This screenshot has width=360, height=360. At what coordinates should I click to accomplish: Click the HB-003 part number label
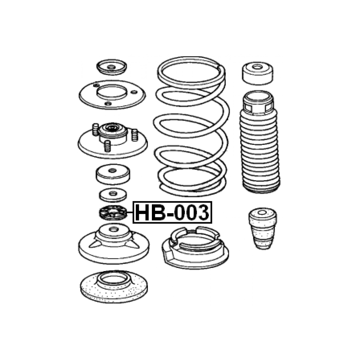click(172, 212)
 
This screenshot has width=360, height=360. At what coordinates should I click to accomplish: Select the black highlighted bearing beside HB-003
click(113, 212)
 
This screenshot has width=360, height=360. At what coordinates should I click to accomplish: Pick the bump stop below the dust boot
click(263, 229)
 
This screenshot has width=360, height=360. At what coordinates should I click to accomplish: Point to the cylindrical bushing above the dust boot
click(258, 73)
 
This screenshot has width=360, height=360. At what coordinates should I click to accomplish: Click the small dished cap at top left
click(112, 67)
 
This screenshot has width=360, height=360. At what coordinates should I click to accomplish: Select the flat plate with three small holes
click(112, 94)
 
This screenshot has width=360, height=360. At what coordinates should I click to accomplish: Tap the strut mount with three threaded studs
click(113, 140)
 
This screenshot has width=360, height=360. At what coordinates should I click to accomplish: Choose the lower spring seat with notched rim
click(195, 247)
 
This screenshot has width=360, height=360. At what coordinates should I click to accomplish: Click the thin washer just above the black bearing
click(113, 195)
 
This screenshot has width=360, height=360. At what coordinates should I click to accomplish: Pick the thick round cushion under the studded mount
click(113, 174)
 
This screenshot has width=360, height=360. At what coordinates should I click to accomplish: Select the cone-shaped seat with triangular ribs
click(114, 244)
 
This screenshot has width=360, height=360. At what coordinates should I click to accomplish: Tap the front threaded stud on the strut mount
click(107, 146)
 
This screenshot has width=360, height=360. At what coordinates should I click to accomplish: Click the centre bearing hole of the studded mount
click(112, 127)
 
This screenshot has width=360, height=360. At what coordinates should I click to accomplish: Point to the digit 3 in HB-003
click(202, 212)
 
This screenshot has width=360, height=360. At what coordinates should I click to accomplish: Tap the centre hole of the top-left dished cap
click(112, 67)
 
